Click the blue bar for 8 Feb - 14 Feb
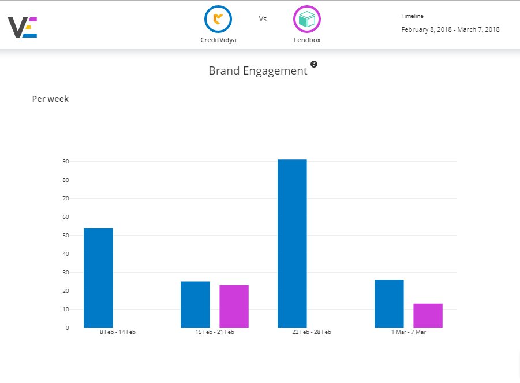point(98,278)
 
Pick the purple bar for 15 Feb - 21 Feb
point(234,306)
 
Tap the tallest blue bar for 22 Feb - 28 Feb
point(292,243)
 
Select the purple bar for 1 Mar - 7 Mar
point(428,315)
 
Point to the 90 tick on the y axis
point(65,162)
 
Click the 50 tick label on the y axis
point(65,236)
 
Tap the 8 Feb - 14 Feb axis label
point(117,332)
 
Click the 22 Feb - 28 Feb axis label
point(311,332)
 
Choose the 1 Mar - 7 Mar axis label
point(408,332)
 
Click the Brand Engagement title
point(257,71)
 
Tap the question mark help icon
point(314,64)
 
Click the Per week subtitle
point(50,99)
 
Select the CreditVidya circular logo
point(218,20)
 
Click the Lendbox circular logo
point(307,20)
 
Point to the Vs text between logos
point(263,19)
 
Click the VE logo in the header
point(23,27)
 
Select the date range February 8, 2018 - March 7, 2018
point(450,29)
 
